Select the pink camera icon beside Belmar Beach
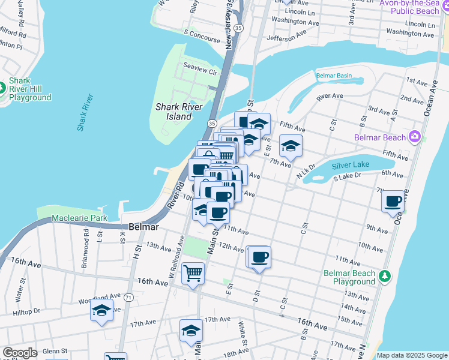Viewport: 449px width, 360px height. [x=414, y=137]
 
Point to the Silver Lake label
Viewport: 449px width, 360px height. [x=354, y=164]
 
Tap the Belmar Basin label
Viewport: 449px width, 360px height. [x=334, y=76]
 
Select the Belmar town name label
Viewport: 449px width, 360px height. [x=144, y=227]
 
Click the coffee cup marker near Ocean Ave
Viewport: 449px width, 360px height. [x=393, y=202]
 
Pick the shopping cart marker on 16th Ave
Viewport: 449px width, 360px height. [x=193, y=274]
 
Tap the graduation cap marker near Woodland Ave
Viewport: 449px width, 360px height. [x=101, y=310]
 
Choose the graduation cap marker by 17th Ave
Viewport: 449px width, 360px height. [x=191, y=330]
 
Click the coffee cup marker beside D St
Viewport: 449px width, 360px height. [x=259, y=257]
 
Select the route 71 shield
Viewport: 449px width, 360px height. [x=128, y=297]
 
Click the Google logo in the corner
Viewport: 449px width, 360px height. [x=20, y=353]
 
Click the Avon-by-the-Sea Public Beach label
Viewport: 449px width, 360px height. [x=414, y=7]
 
